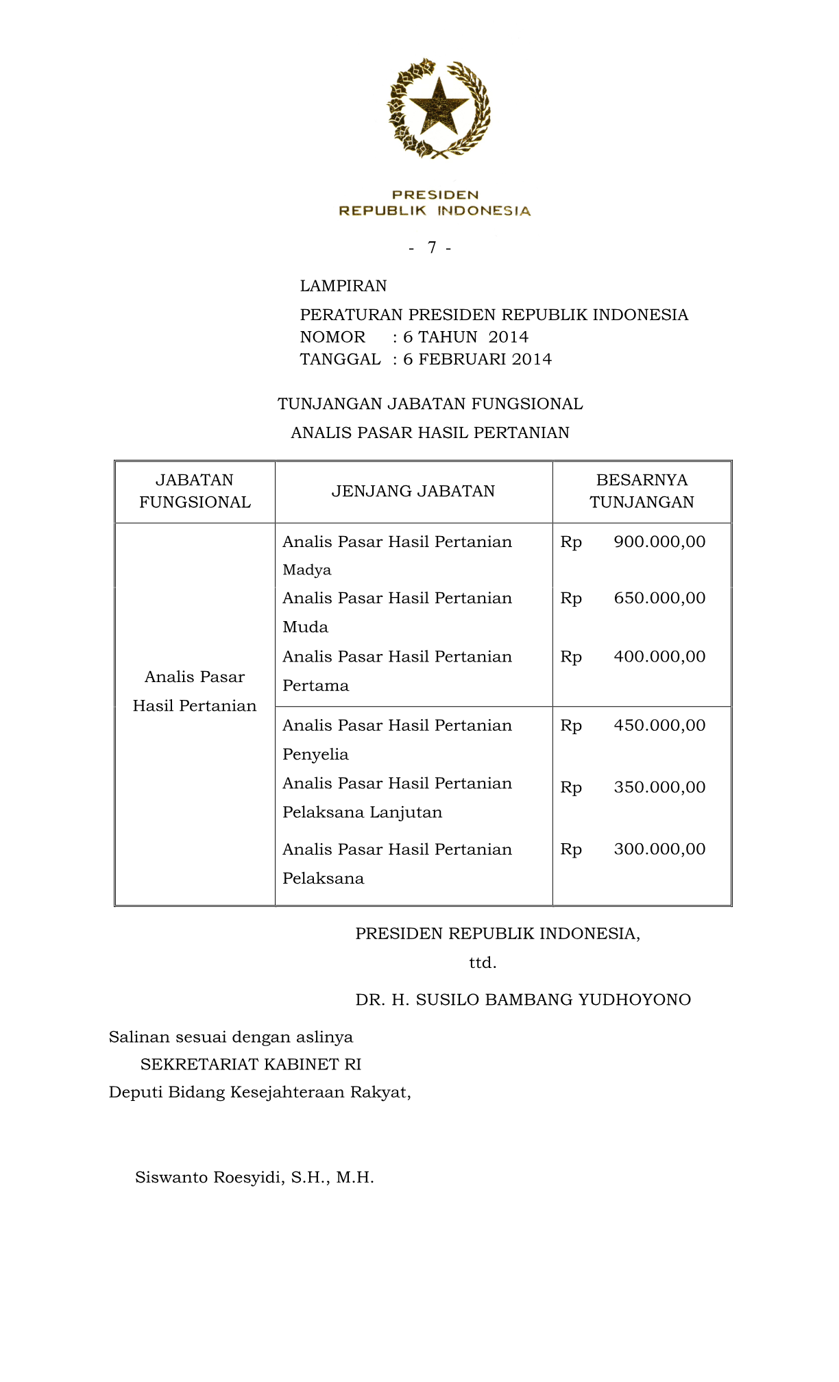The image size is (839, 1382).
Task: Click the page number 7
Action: [431, 247]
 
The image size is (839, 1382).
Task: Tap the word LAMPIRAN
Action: [343, 286]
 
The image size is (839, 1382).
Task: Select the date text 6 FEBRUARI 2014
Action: [477, 359]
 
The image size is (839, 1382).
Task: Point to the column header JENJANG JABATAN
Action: [413, 491]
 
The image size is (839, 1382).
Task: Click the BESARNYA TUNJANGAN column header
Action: [642, 491]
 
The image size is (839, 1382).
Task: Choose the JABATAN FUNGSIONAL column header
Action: [195, 491]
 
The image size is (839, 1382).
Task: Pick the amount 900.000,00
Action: [659, 542]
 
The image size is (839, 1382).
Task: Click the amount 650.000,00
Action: [659, 598]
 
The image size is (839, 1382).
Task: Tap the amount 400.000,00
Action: [659, 656]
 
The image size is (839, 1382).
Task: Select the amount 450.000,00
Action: [659, 725]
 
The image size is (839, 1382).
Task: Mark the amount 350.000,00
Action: [659, 787]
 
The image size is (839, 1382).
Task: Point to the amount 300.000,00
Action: [659, 849]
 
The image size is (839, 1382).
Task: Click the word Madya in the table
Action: [306, 570]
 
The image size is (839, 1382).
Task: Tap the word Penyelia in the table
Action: [315, 754]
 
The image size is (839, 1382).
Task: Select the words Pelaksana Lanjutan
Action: [362, 812]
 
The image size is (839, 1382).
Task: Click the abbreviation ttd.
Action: [483, 962]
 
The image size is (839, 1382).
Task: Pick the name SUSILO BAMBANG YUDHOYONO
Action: [553, 999]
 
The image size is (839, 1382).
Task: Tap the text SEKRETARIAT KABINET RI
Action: [251, 1064]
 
